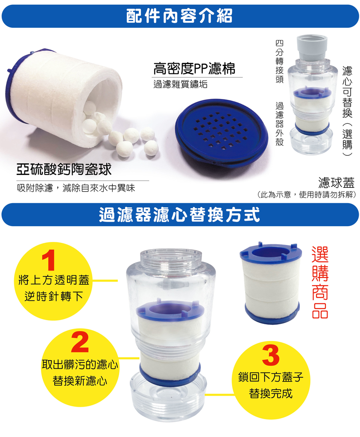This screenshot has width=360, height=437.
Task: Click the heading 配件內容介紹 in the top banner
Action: [x=180, y=16]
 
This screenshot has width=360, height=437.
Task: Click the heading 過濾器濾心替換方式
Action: [x=180, y=215]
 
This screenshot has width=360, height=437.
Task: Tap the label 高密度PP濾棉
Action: [x=194, y=68]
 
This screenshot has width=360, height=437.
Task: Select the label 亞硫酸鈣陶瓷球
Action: [x=64, y=169]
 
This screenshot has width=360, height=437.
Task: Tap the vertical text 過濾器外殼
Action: [x=280, y=124]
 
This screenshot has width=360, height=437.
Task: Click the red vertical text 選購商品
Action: [x=320, y=282]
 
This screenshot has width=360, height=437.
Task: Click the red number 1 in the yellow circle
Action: [x=51, y=261]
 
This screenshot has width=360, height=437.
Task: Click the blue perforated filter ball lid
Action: [x=221, y=133]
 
